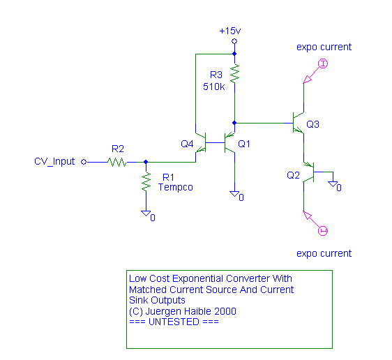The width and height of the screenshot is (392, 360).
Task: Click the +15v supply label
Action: (x=230, y=31)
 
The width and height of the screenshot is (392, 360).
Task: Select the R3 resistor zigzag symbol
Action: (x=234, y=74)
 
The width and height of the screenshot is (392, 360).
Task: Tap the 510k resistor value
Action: (x=213, y=87)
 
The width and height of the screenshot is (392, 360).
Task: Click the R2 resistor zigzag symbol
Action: (x=117, y=163)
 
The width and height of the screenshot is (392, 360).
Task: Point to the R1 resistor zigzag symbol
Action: (x=146, y=182)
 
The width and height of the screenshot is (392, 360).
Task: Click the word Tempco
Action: (x=176, y=187)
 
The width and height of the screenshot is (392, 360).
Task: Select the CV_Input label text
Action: (x=54, y=161)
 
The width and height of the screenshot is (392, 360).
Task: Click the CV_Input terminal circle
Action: (x=84, y=162)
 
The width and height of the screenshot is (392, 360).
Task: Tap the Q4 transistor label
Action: (x=187, y=144)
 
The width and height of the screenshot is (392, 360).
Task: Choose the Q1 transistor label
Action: (x=244, y=144)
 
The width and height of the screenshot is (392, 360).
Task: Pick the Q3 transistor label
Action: (x=312, y=124)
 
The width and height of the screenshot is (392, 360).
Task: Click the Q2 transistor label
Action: (x=293, y=175)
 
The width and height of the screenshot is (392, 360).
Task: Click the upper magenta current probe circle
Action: (x=323, y=63)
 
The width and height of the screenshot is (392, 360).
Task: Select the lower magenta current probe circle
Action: (x=323, y=231)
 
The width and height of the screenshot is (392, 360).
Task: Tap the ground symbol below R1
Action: (x=146, y=213)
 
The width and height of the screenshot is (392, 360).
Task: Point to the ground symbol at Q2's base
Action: (x=333, y=184)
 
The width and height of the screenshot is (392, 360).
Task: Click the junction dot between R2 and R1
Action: (x=146, y=162)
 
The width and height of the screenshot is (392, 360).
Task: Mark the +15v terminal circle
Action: (x=234, y=41)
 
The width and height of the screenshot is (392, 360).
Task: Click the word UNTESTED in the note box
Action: (x=174, y=322)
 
